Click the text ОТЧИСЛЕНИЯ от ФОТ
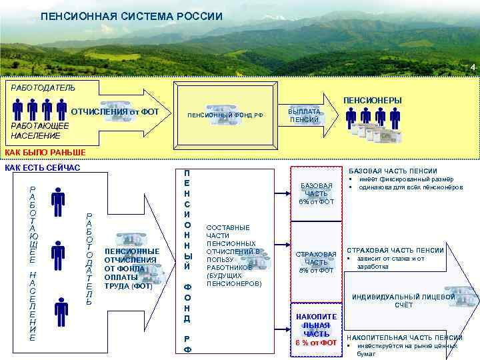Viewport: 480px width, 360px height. pos(115,111)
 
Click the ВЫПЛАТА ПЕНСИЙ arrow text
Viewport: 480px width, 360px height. pos(304,115)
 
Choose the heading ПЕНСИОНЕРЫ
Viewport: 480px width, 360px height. pos(372,100)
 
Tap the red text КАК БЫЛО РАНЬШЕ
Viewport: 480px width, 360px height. pos(45,153)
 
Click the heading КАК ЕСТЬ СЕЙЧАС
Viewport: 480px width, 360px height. pos(43,167)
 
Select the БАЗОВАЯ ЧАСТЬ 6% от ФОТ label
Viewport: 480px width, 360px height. pos(317,193)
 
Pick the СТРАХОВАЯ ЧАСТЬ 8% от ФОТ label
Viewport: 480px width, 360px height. pos(317,262)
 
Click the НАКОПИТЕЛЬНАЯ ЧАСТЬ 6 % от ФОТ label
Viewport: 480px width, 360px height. pos(317,329)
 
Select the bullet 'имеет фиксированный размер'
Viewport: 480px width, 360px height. pos(405,179)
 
